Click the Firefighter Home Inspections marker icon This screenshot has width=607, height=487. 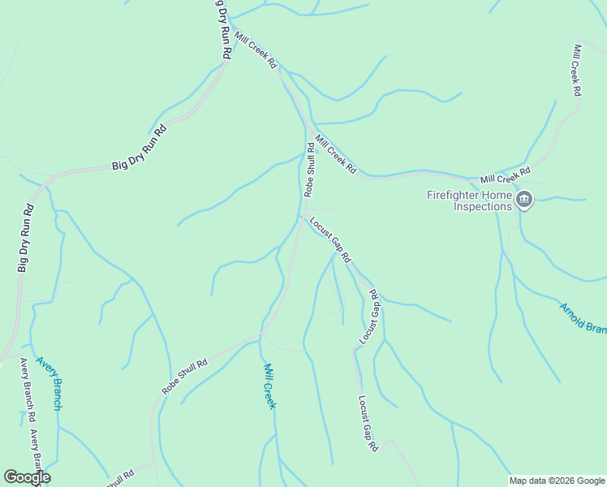tap(524, 200)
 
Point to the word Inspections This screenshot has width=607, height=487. tap(483, 206)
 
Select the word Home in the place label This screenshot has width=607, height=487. tap(500, 195)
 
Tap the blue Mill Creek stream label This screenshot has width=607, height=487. tap(270, 386)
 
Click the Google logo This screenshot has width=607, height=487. tap(26, 476)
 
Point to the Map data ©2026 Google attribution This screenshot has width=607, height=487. tap(557, 481)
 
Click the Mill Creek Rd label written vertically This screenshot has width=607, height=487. tap(577, 70)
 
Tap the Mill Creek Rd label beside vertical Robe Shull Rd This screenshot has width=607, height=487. tap(336, 154)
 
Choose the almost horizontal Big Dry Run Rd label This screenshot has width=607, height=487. tap(139, 147)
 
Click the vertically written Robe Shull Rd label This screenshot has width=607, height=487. tap(309, 169)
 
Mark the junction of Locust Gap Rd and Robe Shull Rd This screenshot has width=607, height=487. tap(302, 216)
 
